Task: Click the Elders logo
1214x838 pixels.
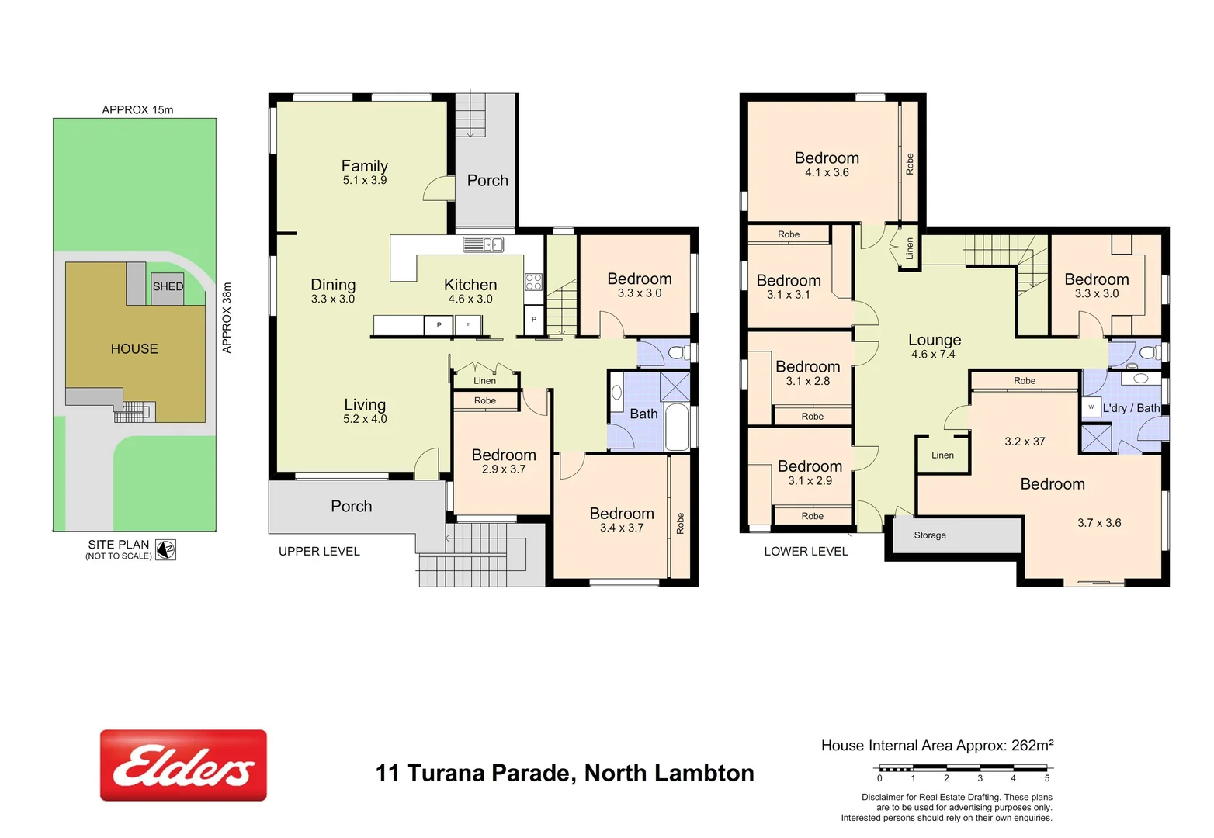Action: point(183,765)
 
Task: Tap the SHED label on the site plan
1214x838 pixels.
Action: point(168,286)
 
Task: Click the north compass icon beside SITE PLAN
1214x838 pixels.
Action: point(165,549)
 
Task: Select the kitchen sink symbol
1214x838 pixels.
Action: point(483,245)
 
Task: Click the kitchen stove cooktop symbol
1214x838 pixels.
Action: point(533,282)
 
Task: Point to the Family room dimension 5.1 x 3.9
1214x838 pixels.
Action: point(365,180)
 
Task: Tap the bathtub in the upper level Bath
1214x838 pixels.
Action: point(677,426)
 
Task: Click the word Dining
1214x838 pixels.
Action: point(333,285)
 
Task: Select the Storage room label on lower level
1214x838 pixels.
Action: point(930,535)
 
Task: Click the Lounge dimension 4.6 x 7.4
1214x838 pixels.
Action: point(933,355)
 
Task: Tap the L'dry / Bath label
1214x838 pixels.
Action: point(1131,408)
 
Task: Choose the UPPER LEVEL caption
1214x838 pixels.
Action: point(319,552)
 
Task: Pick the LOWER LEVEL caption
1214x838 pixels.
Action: point(806,552)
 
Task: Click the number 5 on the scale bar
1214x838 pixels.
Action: point(1046,778)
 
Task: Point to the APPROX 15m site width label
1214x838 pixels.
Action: point(137,110)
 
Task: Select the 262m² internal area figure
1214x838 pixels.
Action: point(1032,746)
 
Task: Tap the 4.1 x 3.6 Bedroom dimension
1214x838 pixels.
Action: point(827,172)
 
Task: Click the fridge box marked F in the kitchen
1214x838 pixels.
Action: point(467,325)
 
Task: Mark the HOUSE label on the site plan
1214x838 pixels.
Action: point(134,349)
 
